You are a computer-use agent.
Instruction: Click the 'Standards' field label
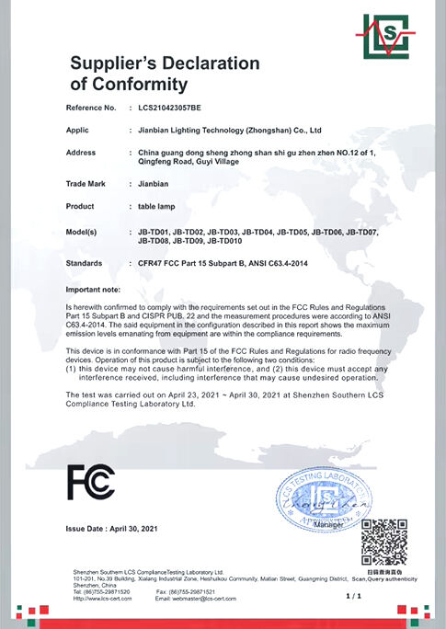click(85, 264)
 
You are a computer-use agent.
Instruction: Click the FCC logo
click(91, 481)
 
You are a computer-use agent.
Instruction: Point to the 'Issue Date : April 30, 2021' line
click(112, 528)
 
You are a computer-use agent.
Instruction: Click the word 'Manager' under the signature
click(327, 550)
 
